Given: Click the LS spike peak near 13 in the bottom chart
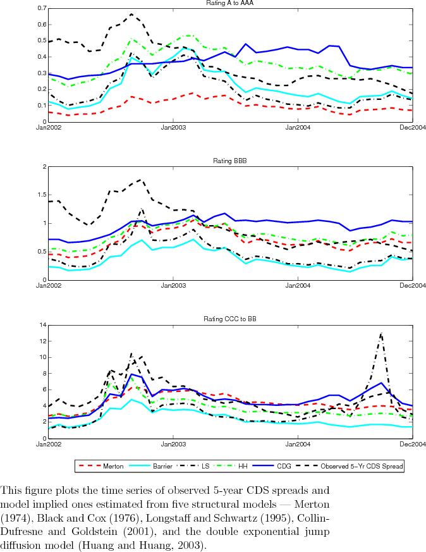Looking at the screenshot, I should coord(381,333).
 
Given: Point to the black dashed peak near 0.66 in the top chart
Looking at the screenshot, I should coord(131,14).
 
